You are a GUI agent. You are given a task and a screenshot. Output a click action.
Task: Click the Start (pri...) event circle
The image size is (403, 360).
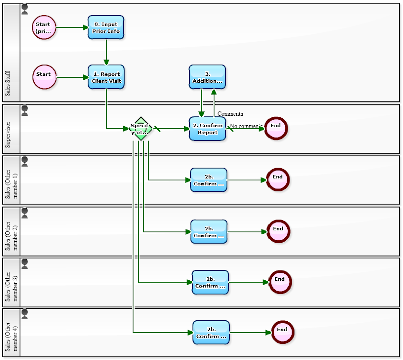click(44, 27)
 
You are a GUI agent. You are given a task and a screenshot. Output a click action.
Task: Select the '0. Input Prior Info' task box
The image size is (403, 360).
click(106, 27)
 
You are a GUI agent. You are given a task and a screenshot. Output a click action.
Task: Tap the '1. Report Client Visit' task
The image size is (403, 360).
click(106, 77)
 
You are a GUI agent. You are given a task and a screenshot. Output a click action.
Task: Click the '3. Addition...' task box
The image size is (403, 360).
click(207, 77)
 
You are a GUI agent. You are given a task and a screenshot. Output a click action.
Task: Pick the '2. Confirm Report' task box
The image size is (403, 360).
click(207, 129)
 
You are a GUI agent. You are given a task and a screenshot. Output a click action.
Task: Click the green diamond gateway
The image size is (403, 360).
click(141, 129)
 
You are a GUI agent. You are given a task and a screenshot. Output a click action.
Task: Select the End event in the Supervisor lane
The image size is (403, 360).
click(276, 128)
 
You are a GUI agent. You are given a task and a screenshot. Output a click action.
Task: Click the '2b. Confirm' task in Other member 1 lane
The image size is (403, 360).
click(209, 180)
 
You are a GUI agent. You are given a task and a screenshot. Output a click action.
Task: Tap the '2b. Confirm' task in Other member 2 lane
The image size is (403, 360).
click(209, 231)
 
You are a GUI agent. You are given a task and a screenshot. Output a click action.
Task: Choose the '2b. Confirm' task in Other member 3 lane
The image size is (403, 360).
click(210, 282)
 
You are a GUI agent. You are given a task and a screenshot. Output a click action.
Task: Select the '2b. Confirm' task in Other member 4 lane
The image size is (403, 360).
click(211, 333)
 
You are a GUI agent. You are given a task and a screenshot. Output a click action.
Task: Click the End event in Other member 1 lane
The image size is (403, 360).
click(278, 180)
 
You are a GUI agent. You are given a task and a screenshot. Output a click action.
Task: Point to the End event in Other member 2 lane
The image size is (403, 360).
click(278, 231)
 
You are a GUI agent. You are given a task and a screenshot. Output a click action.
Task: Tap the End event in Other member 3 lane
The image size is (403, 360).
click(280, 282)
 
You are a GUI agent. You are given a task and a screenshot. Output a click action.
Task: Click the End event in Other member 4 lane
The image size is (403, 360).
click(282, 332)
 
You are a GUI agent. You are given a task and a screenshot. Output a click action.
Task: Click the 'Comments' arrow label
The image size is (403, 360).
click(230, 114)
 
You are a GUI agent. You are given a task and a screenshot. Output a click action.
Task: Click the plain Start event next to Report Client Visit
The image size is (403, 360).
click(44, 77)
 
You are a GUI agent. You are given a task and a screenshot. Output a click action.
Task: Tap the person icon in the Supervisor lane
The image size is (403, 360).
click(25, 110)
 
